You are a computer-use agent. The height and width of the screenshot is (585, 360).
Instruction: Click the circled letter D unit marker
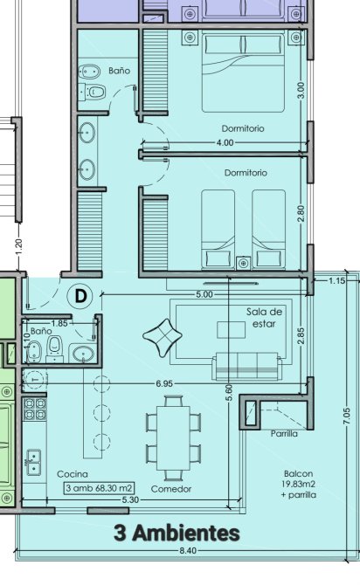[x=80, y=296]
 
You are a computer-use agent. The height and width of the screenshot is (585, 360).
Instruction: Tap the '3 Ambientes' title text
[x=177, y=533]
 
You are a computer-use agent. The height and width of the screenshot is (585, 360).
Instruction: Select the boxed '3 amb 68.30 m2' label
[x=100, y=487]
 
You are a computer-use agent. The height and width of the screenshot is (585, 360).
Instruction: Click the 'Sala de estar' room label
[x=264, y=318]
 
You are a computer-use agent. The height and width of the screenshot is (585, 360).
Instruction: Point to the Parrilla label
[x=284, y=434]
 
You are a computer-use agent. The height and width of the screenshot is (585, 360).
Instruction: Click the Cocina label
[x=73, y=474]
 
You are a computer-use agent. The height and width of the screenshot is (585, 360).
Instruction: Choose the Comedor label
[x=171, y=489]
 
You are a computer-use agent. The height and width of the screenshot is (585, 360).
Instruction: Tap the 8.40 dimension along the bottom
[x=188, y=551]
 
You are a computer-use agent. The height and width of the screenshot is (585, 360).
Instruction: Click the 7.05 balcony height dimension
[x=346, y=416]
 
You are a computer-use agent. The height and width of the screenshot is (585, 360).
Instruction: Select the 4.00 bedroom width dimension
[x=225, y=142]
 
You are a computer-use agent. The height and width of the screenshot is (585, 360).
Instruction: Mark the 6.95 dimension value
[x=164, y=383]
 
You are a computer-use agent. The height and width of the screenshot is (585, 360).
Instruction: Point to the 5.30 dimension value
[x=130, y=499]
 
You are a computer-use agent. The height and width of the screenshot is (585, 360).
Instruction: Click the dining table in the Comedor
[x=173, y=438]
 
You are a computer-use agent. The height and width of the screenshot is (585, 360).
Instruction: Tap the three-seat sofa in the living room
[x=246, y=366]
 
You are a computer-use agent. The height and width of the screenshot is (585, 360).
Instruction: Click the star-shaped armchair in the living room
[x=163, y=337]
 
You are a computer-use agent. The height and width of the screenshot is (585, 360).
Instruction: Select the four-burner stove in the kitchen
[x=35, y=409]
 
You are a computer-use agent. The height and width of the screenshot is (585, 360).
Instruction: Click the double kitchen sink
[x=33, y=462]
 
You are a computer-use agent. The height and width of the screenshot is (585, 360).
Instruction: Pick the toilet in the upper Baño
[x=95, y=92]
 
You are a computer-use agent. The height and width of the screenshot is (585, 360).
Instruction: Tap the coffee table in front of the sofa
[x=232, y=330]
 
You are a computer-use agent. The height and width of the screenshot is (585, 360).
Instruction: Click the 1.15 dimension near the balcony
[x=336, y=280]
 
